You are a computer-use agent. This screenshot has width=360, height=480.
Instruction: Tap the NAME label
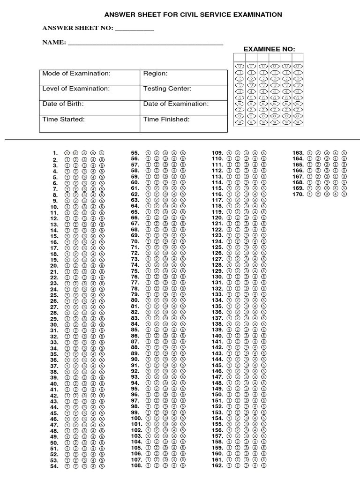pyautogui.click(x=53, y=43)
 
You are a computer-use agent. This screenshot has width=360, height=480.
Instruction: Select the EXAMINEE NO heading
pyautogui.click(x=270, y=49)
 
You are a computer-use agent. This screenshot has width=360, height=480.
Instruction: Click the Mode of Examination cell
pyautogui.click(x=90, y=77)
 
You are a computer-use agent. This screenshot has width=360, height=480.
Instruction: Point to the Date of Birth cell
pyautogui.click(x=90, y=107)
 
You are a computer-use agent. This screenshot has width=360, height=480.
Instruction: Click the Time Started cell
pyautogui.click(x=90, y=122)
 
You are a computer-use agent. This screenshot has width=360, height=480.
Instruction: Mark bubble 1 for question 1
pyautogui.click(x=67, y=153)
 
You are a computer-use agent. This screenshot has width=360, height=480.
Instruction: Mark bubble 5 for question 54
pyautogui.click(x=102, y=466)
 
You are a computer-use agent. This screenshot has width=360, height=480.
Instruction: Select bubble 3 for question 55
pyautogui.click(x=165, y=153)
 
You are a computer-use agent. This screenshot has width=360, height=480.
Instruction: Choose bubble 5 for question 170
pyautogui.click(x=344, y=194)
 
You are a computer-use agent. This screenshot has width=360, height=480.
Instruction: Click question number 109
pyautogui.click(x=217, y=153)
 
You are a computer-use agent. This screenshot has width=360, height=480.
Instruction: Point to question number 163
pyautogui.click(x=298, y=153)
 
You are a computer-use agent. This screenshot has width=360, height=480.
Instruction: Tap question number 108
pyautogui.click(x=136, y=466)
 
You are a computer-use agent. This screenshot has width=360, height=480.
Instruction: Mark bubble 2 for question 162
pyautogui.click(x=238, y=466)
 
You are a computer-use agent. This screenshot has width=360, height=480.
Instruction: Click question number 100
pyautogui.click(x=136, y=418)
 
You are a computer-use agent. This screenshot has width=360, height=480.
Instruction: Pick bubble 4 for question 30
pyautogui.click(x=93, y=324)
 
